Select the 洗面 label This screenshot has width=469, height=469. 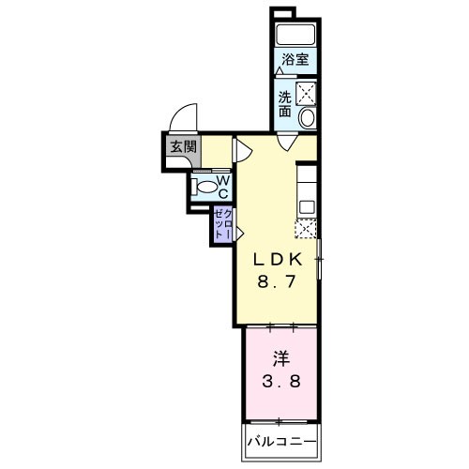[x=285, y=103]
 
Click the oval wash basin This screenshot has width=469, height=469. [x=307, y=119]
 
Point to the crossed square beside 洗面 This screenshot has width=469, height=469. [x=306, y=93]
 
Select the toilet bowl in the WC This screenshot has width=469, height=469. [x=204, y=186]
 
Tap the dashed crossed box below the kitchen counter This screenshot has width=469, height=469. [x=306, y=228]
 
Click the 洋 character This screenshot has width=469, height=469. [x=280, y=358]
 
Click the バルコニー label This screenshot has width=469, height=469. [x=281, y=441]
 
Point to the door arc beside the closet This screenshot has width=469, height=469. [x=239, y=231]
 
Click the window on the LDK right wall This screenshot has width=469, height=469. [x=319, y=258]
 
